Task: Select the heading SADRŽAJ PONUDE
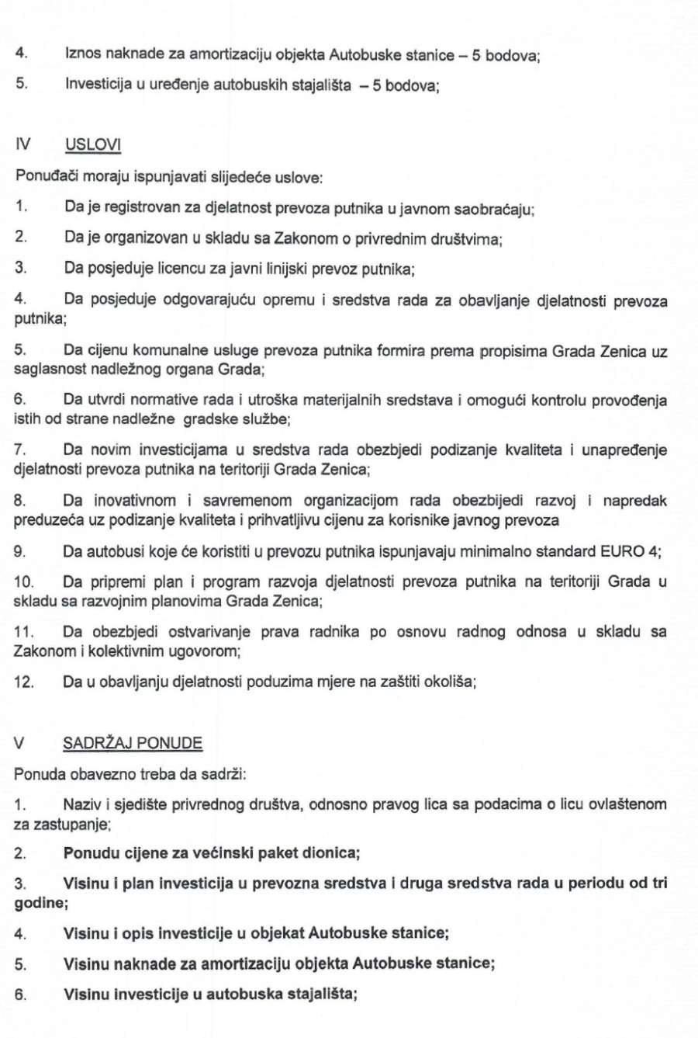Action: click(x=133, y=743)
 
